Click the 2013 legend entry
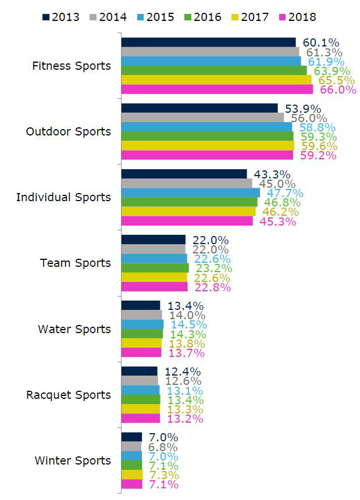click(61, 17)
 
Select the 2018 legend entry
click(298, 17)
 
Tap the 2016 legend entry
click(203, 17)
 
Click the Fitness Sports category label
click(72, 66)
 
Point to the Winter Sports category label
click(73, 460)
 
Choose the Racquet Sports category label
click(69, 395)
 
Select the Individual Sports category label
click(63, 198)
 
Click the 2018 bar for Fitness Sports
click(217, 90)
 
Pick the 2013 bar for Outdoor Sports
click(199, 108)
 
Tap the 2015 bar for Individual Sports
click(191, 192)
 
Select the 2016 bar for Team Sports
click(155, 268)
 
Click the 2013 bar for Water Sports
click(141, 305)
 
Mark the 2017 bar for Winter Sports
click(132, 474)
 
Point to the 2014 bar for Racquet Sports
click(140, 381)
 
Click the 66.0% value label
click(338, 90)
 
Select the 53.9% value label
click(303, 109)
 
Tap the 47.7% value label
click(285, 193)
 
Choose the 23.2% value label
click(213, 268)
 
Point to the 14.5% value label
click(189, 324)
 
